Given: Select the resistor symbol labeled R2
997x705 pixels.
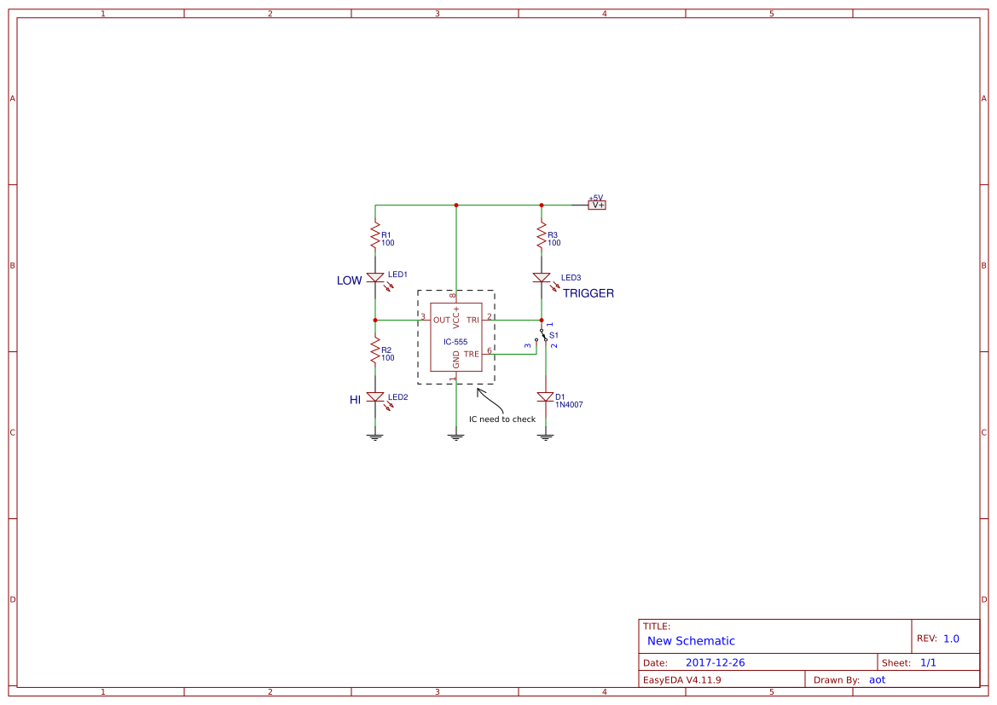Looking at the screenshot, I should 374,350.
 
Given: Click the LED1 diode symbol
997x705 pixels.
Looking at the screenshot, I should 374,278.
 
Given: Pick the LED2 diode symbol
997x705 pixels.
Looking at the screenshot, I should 374,397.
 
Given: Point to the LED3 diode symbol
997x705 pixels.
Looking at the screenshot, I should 542,278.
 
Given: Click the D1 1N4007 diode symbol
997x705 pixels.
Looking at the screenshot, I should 546,397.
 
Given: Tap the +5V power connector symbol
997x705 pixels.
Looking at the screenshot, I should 596,205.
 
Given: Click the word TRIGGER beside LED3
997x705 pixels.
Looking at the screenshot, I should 588,293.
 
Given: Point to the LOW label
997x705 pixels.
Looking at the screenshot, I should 349,280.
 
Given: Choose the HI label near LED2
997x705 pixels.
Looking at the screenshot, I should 356,399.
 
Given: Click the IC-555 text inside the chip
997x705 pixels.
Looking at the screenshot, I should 455,342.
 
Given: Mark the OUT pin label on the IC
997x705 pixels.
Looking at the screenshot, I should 441,321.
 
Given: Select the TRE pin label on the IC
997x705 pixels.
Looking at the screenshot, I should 472,354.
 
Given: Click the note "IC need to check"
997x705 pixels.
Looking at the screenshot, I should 502,419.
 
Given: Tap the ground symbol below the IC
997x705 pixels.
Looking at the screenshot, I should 456,436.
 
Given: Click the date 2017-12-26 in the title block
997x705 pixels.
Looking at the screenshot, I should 715,662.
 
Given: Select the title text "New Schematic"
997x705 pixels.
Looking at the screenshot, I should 691,641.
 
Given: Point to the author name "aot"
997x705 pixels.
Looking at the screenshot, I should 877,680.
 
